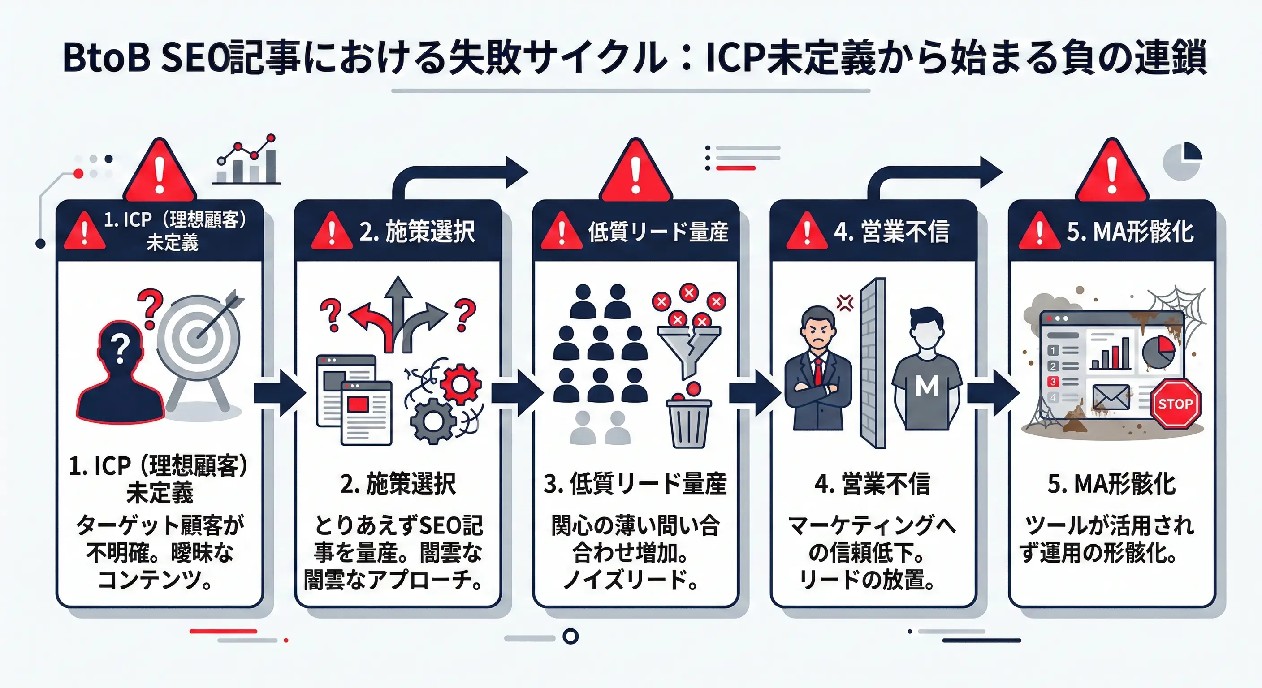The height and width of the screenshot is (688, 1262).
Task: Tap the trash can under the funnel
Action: pyautogui.click(x=688, y=423)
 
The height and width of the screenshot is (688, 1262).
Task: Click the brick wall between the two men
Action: pyautogui.click(x=873, y=362)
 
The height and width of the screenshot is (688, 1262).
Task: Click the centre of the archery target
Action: pyautogui.click(x=198, y=337)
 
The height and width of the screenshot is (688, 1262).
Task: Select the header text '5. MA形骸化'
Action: pyautogui.click(x=1130, y=232)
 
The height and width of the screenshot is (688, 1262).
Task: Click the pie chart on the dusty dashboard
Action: pyautogui.click(x=1158, y=352)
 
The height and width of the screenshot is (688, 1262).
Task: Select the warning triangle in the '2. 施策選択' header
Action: pyautogui.click(x=332, y=231)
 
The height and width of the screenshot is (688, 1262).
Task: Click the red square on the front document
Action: pyautogui.click(x=358, y=404)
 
